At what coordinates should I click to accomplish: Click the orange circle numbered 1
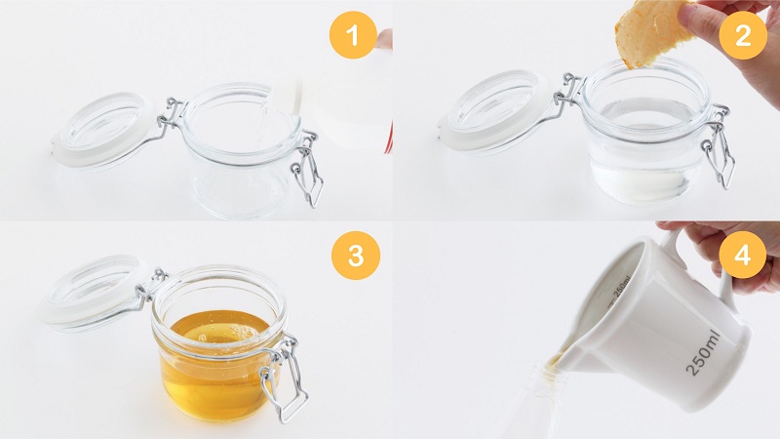353,35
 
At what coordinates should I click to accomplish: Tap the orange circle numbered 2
743,35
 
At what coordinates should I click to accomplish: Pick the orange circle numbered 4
742,255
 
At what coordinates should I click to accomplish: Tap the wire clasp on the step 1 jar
308,170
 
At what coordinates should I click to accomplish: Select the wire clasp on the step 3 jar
282,379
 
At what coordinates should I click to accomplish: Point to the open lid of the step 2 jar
497,109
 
